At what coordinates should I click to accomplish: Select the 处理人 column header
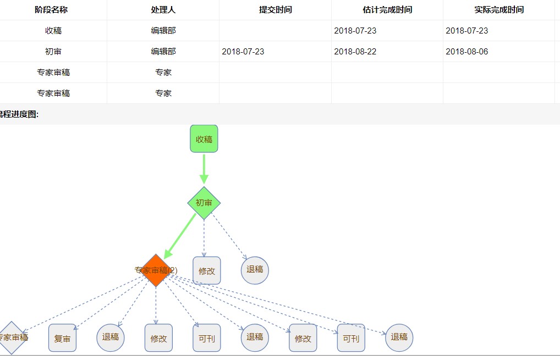coord(163,10)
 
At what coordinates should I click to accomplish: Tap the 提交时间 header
coord(275,10)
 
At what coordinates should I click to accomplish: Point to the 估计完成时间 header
coord(387,10)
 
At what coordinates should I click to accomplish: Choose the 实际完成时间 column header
coord(499,10)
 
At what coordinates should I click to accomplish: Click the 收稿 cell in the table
coord(53,31)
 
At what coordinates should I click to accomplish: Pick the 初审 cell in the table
coord(53,52)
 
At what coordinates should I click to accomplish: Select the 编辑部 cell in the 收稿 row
coord(163,31)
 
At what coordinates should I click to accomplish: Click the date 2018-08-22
coord(355,52)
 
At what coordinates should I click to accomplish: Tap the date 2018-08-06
coord(467,52)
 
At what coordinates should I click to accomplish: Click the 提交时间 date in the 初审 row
coord(243,52)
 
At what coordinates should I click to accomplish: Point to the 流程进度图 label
coord(19,114)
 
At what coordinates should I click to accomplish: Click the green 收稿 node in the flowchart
coord(204,139)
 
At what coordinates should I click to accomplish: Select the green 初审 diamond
coord(204,203)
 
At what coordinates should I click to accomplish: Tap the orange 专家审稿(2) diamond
coord(156,270)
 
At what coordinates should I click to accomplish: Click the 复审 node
coord(62,338)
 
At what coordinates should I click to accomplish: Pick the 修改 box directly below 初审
coord(207,270)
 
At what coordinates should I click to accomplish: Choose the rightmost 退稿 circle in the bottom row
coord(399,337)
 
